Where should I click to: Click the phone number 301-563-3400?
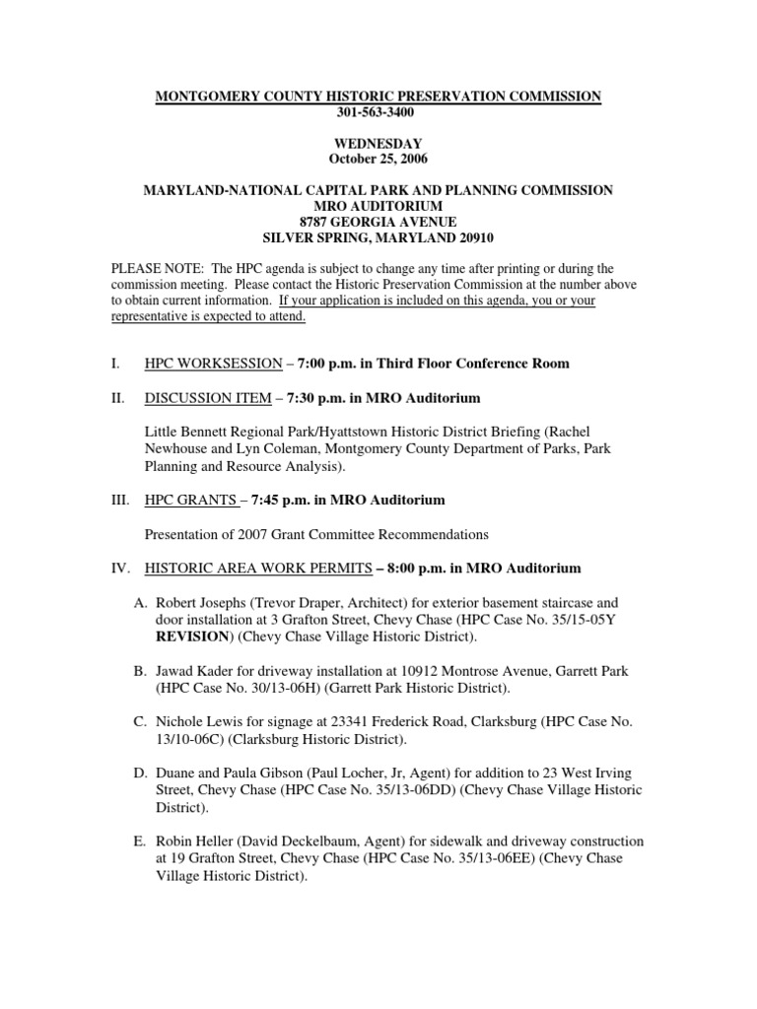(378, 112)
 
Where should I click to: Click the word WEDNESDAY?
(378, 144)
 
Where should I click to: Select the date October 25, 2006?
(378, 160)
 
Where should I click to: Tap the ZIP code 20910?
(474, 237)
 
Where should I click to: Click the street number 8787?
(316, 222)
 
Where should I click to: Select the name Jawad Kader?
(198, 671)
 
